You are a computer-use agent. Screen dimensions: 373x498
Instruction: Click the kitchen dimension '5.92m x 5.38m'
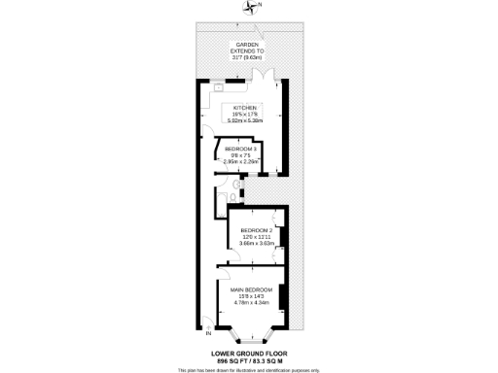pos(245,120)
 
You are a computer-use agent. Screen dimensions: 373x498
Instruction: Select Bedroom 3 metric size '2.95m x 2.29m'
pos(241,162)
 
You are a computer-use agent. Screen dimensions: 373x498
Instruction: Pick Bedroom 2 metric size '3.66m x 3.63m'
pos(260,243)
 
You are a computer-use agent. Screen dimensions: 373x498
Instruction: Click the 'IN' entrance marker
pos(196,322)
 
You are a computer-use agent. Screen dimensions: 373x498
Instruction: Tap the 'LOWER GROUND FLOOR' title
pos(249,354)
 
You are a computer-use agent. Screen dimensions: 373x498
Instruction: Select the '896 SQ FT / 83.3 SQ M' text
pos(249,360)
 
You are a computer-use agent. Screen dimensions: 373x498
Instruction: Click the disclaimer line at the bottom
pos(249,369)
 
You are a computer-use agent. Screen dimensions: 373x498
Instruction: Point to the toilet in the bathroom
pos(236,182)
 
